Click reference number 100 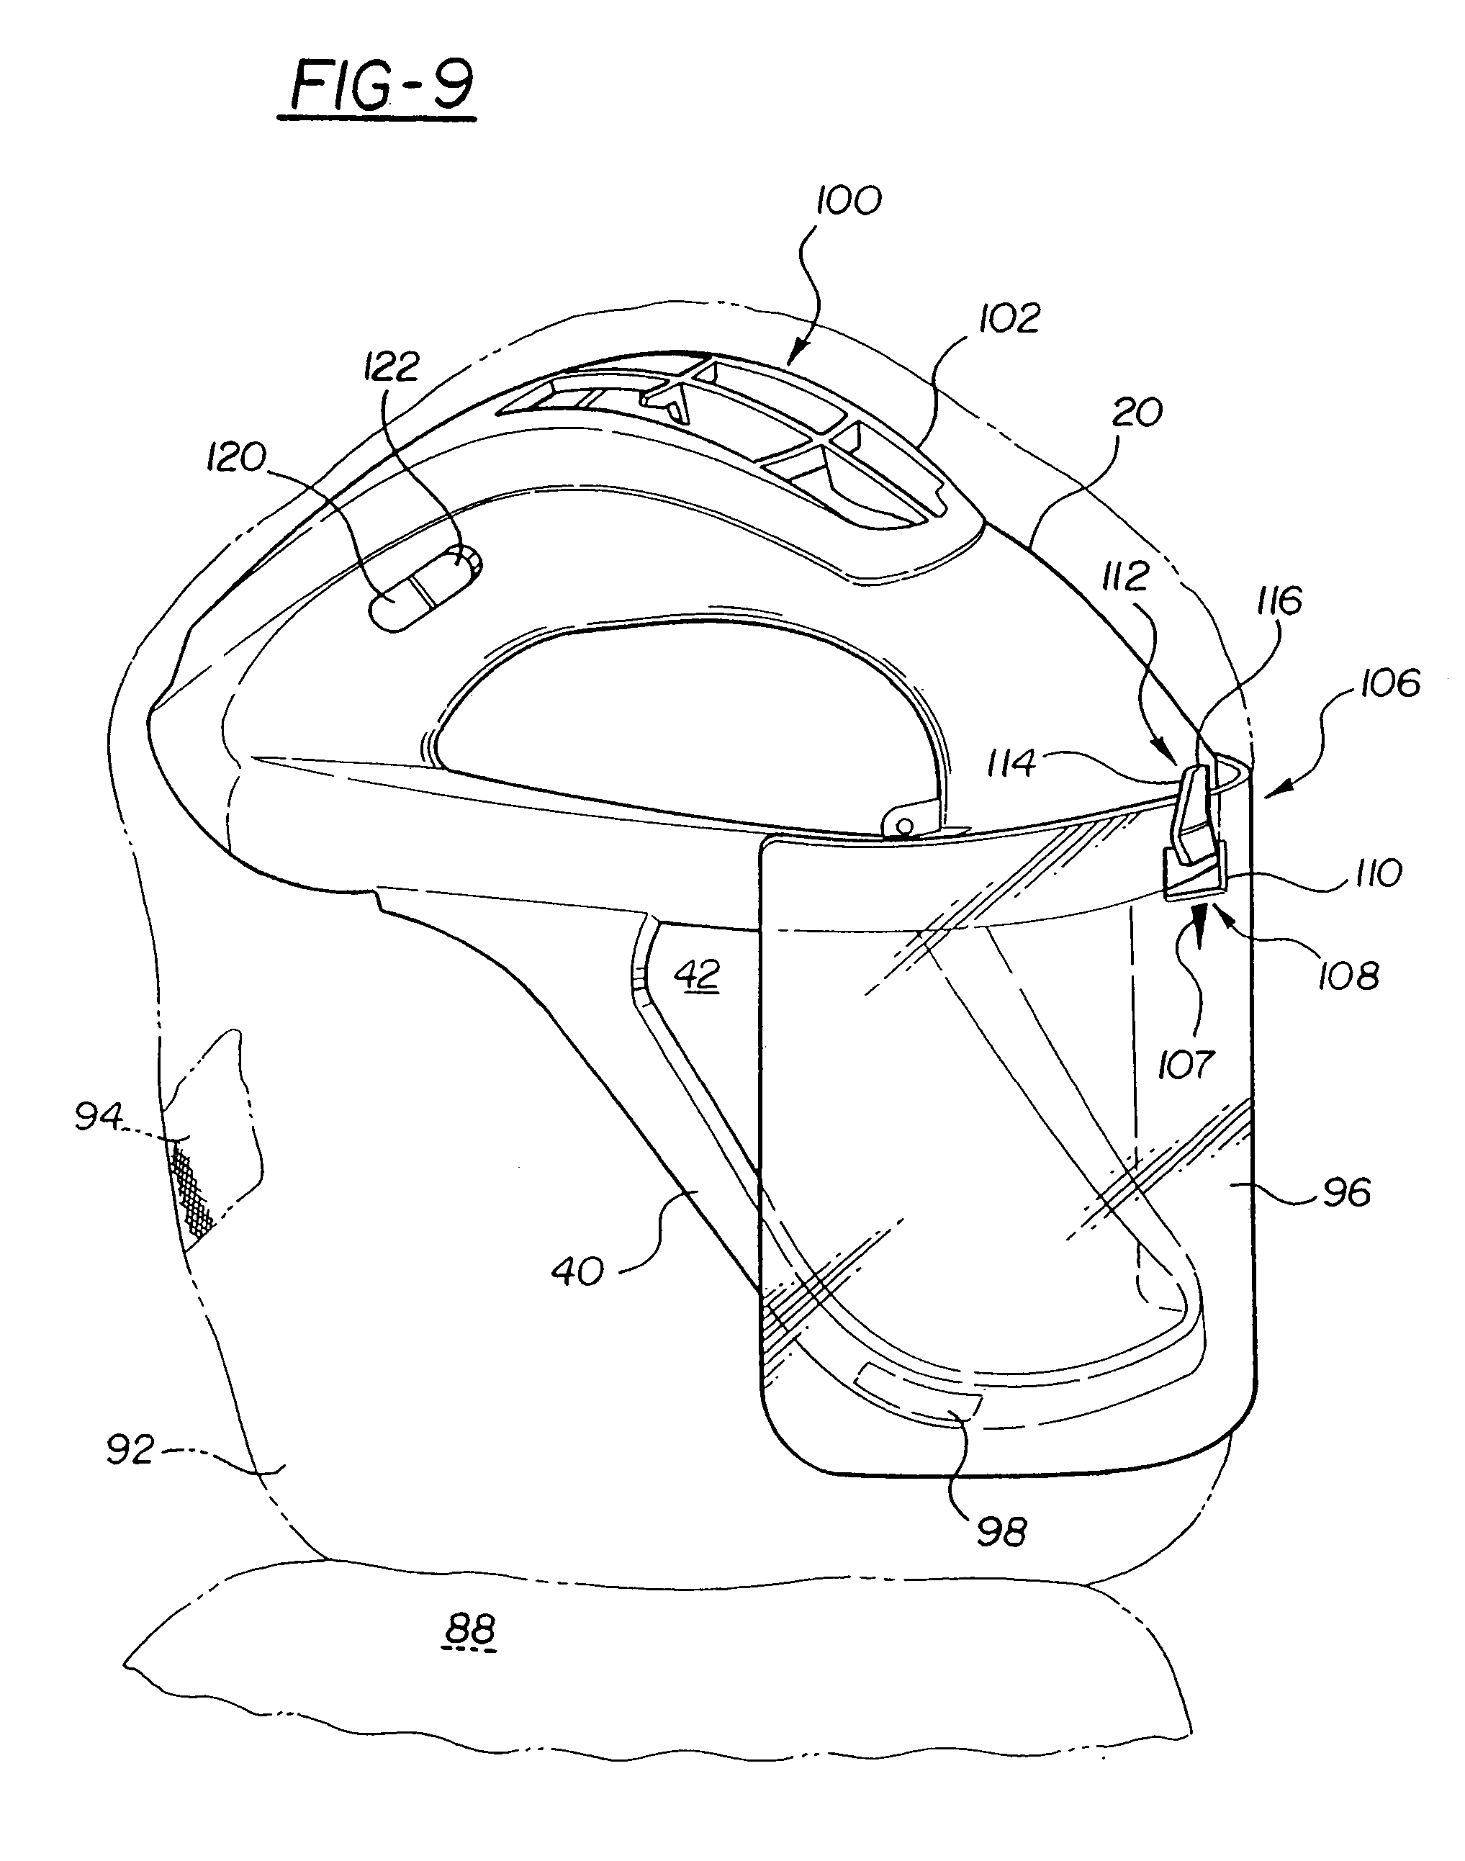point(847,201)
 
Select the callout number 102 point(1009,319)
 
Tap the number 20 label point(1137,413)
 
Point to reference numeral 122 point(391,366)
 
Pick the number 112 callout point(1124,577)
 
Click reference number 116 point(1279,601)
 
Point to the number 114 point(1012,762)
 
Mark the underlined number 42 point(696,976)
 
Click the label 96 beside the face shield point(1347,1193)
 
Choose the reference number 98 point(1001,1532)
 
